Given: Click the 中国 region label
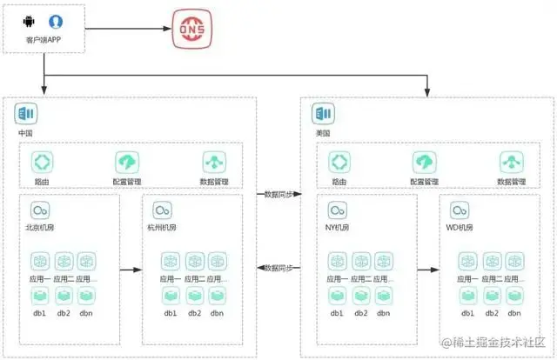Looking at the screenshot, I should click(x=26, y=133).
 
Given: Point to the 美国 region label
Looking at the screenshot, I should click(x=324, y=133).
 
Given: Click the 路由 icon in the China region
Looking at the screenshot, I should click(x=43, y=163).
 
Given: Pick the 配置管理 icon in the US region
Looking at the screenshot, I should click(x=426, y=163).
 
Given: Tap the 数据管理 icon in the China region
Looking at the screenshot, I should click(x=214, y=163).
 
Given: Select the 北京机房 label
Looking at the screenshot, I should click(x=40, y=228).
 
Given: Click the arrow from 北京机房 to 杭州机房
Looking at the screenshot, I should click(x=130, y=270).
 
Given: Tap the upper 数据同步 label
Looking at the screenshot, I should click(x=278, y=194).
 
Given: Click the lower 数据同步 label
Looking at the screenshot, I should click(x=278, y=268).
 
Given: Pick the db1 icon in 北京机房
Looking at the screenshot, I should click(x=39, y=296).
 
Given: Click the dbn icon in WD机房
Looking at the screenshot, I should click(x=515, y=296).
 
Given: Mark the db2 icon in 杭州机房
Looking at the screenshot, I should click(x=193, y=296).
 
